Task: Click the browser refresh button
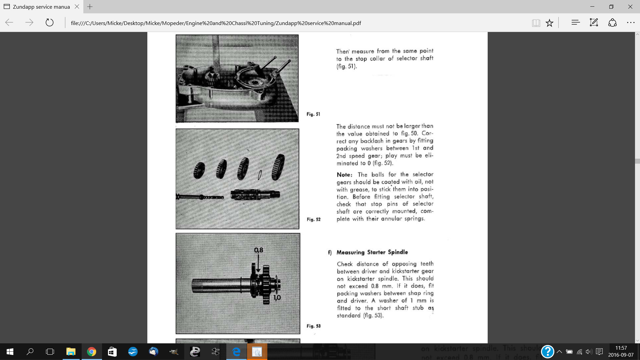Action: tap(49, 23)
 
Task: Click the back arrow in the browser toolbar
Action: tap(9, 23)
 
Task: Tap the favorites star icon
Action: tap(549, 23)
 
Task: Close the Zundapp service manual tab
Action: tap(77, 7)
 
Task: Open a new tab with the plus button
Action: tap(90, 7)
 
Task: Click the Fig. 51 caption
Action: tap(313, 114)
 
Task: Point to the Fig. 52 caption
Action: tap(314, 219)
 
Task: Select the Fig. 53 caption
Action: tap(314, 326)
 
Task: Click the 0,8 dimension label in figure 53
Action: tap(259, 250)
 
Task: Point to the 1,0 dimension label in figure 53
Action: tap(277, 297)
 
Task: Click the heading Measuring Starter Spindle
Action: tap(372, 252)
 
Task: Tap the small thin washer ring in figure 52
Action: tap(260, 174)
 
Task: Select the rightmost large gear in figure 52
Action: tap(278, 167)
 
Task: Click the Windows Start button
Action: tap(10, 352)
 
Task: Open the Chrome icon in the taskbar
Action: tap(91, 352)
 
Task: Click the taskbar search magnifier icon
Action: tap(30, 352)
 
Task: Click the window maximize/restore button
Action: tap(611, 7)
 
